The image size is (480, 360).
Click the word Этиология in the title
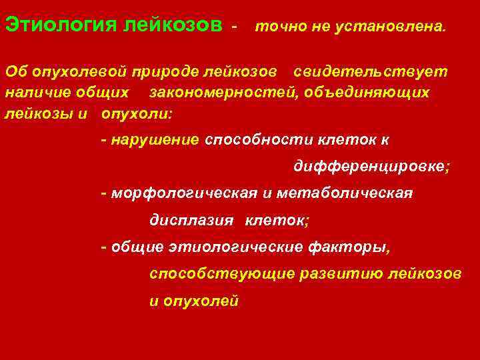pos(61,25)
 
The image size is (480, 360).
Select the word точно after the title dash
pos(277,27)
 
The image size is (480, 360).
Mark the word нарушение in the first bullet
pos(155,140)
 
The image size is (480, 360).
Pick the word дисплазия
pos(191,220)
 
